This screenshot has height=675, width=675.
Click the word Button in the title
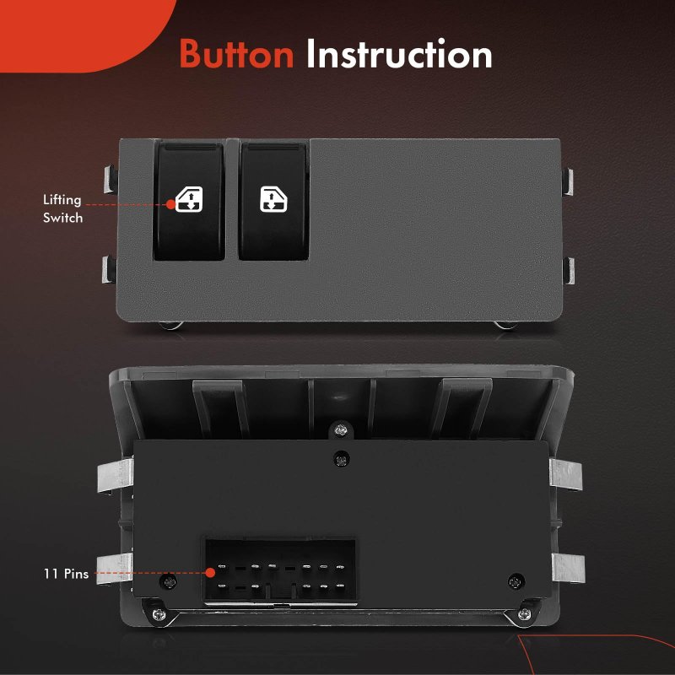tap(236, 54)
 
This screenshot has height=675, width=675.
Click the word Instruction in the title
tap(399, 54)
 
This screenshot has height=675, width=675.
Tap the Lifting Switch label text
tap(62, 208)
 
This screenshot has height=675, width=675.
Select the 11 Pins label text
tap(66, 574)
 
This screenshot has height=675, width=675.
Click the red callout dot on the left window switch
tap(171, 204)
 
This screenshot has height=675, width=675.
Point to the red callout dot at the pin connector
tap(210, 573)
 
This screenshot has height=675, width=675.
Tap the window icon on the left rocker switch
tap(189, 199)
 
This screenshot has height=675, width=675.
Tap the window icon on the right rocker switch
tap(273, 199)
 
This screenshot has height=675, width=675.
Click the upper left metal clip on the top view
tap(111, 180)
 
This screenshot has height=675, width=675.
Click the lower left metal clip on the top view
tap(109, 270)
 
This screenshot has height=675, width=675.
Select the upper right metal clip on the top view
tap(568, 181)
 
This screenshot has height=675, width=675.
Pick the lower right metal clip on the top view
tap(569, 271)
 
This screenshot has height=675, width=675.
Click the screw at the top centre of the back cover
tap(342, 459)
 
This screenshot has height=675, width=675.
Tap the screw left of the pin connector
tap(168, 582)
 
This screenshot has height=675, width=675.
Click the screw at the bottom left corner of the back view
tap(159, 614)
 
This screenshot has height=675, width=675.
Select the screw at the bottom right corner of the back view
tap(524, 614)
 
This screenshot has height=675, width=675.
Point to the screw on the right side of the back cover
tap(516, 581)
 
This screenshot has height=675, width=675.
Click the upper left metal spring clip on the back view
tap(115, 476)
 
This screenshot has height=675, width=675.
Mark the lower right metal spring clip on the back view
tap(568, 568)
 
